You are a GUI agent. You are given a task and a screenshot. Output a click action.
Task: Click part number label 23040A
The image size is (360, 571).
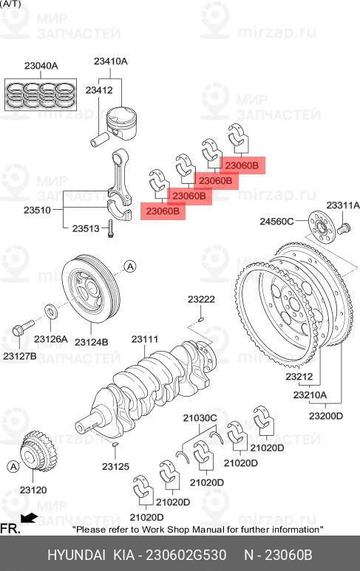coord(42,66)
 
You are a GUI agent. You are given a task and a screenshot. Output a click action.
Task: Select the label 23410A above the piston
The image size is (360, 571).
coord(110,61)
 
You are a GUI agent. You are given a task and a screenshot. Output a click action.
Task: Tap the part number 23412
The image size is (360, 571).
coord(98,90)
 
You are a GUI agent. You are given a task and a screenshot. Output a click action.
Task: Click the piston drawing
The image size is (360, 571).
coord(124,123)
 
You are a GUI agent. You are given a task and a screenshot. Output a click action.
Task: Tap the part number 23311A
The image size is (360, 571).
coord(343,205)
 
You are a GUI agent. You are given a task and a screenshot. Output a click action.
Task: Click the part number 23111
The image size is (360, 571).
coord(145,339)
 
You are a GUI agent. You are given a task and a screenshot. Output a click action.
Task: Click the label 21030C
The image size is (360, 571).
coord(200,418)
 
